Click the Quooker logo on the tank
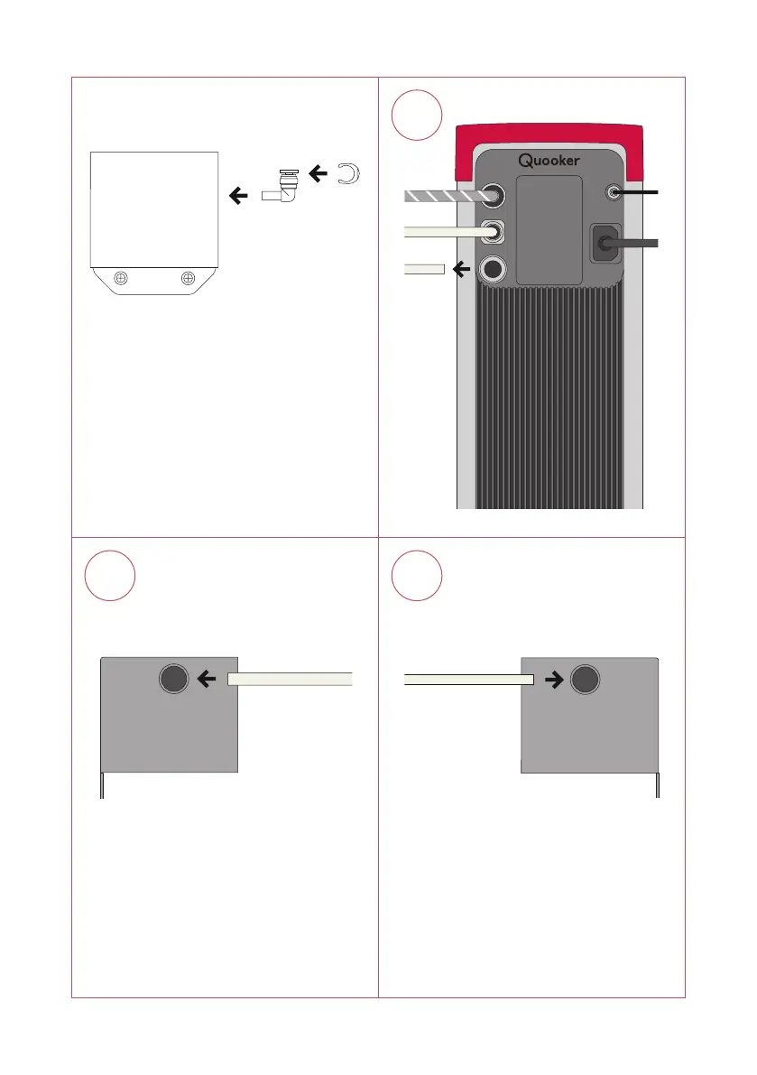point(549,162)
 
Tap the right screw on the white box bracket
point(188,278)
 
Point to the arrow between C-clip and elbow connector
point(317,171)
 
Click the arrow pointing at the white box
point(239,193)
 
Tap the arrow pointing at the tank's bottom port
point(461,268)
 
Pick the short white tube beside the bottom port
point(423,268)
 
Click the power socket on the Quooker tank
point(604,243)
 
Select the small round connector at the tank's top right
point(615,191)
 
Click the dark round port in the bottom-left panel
point(173,679)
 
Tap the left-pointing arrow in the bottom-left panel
point(208,679)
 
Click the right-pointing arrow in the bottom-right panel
point(552,679)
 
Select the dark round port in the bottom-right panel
point(586,679)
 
